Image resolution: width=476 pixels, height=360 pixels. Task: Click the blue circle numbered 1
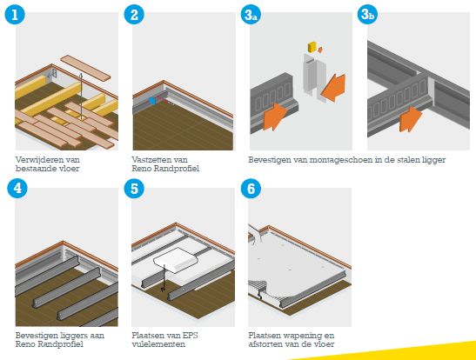pos(15,15)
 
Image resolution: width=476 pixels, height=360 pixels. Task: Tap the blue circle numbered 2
pos(134,15)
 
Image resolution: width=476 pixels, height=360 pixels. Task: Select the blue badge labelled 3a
pos(251,15)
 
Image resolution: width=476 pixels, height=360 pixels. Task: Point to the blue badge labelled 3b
pos(367,14)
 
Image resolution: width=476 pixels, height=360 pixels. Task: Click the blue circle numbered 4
pos(17,188)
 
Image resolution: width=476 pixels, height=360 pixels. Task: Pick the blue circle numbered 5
pos(134,189)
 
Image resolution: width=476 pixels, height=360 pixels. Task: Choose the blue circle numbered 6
pos(251,189)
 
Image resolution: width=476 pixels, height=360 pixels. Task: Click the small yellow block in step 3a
pos(312,47)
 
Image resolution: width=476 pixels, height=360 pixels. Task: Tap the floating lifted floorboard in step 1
pos(85,68)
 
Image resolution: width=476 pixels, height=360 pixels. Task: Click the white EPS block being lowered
pos(176,260)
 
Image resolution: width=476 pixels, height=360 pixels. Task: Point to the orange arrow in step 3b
pos(411,119)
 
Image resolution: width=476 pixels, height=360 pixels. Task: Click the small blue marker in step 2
pos(152,101)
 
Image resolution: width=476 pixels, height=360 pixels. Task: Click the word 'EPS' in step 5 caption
pos(190,335)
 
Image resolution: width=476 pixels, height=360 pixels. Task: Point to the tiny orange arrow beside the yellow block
pos(320,49)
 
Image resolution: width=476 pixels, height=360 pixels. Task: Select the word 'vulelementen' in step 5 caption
pos(158,344)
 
